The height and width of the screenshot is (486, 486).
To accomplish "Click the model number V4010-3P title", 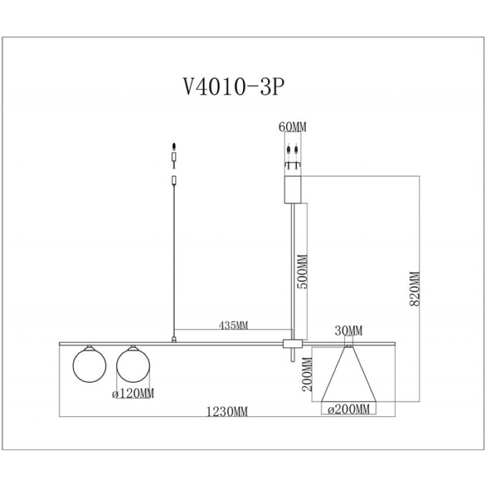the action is tap(234, 87).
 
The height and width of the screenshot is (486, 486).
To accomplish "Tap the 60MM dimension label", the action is tap(292, 127).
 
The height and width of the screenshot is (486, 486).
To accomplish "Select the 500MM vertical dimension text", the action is tap(302, 272).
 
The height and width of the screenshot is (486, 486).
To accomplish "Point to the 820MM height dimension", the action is tap(414, 289).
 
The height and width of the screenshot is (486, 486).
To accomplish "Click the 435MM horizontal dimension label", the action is tap(233, 325).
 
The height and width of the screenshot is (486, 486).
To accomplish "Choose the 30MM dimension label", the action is tap(348, 330).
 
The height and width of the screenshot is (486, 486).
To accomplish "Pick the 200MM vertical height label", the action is tap(307, 374).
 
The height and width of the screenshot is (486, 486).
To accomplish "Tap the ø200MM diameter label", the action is tap(349, 409).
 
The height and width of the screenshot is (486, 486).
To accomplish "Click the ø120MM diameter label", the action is tap(133, 393).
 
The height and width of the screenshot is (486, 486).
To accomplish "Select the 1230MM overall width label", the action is tap(227, 412).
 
